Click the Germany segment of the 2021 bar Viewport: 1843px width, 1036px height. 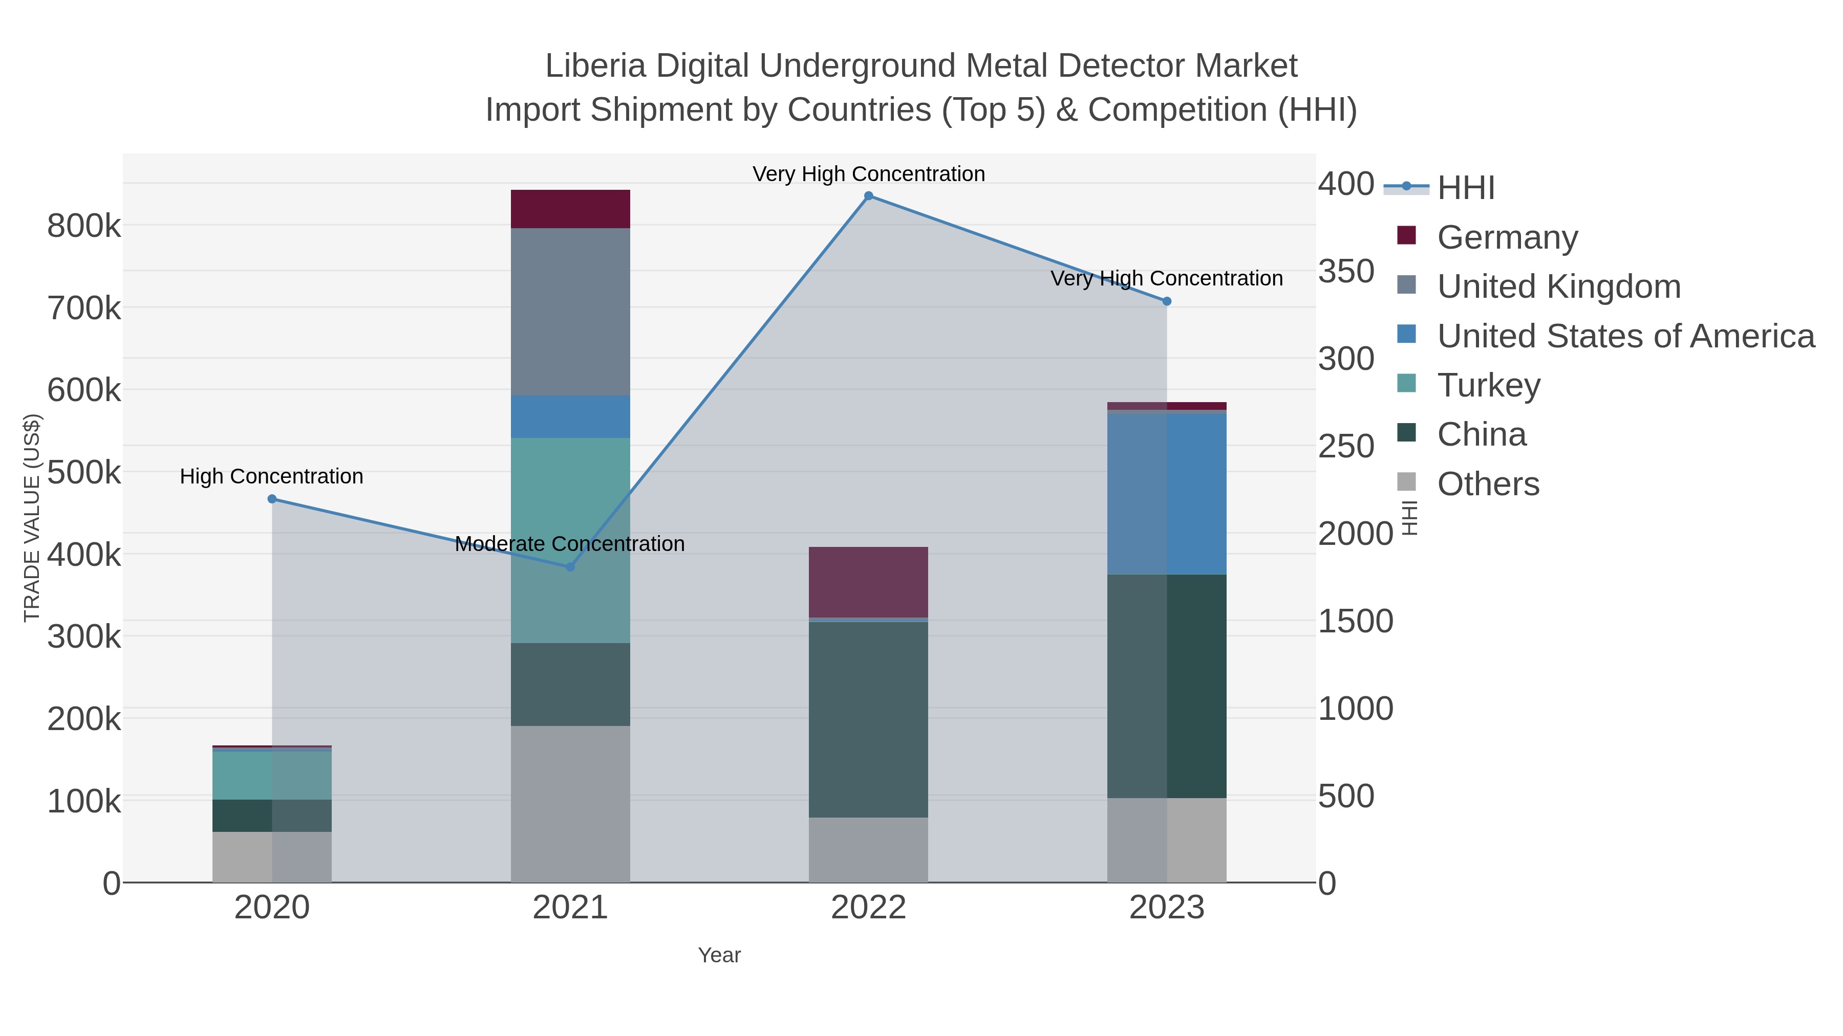(x=570, y=209)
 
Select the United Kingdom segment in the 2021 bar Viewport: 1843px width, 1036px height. (x=570, y=312)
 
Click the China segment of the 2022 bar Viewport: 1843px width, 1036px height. (x=868, y=719)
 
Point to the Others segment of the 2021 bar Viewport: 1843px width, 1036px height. (x=570, y=804)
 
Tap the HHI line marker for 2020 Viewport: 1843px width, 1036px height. (x=272, y=499)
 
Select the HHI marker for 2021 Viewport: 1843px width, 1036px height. (x=570, y=567)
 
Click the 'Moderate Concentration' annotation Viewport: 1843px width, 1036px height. (x=569, y=544)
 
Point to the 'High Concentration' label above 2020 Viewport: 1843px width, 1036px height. (x=271, y=477)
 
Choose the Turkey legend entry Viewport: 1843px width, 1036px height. (x=1488, y=385)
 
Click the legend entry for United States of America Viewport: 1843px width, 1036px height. (x=1625, y=336)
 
